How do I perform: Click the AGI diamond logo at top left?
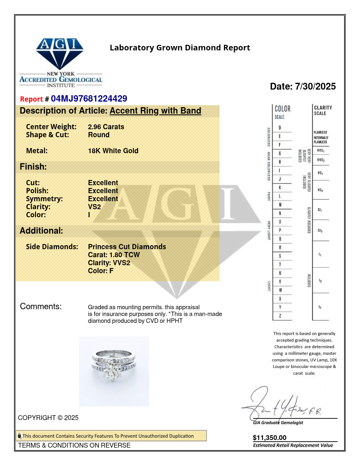pos(60,54)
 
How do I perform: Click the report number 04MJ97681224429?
pos(89,99)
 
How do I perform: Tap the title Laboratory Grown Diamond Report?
pos(180,48)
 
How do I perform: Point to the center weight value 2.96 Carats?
pos(106,127)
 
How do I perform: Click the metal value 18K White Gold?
pos(113,151)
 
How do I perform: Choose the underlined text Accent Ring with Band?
pos(155,111)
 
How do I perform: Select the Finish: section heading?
pos(33,167)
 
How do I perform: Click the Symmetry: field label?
pos(44,199)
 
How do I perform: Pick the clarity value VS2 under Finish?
pos(94,207)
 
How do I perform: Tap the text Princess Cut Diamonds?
pos(127,247)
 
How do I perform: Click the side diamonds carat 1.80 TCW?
pos(114,255)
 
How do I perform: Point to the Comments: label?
pos(41,307)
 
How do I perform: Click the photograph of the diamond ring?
pos(114,371)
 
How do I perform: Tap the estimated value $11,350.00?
pos(270,438)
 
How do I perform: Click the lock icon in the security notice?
pos(19,436)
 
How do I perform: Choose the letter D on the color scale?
pos(280,128)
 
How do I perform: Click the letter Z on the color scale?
pos(280,316)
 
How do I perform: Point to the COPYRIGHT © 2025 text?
pos(48,418)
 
